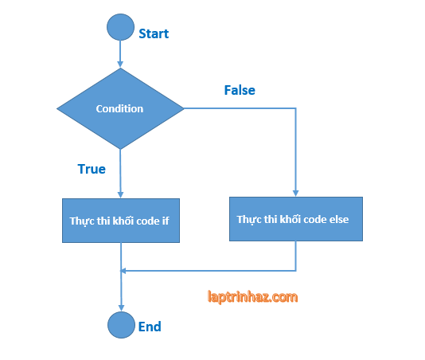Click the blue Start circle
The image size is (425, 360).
[120, 26]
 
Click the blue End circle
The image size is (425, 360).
[120, 325]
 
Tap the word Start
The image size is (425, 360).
[154, 33]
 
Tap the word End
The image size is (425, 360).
[150, 327]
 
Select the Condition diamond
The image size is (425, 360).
[120, 108]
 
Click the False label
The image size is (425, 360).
[240, 90]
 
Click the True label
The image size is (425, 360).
[92, 169]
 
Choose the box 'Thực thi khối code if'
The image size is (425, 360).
[120, 220]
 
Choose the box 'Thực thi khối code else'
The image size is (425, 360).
[296, 219]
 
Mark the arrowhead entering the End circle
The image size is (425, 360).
[120, 307]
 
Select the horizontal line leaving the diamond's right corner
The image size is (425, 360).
[239, 108]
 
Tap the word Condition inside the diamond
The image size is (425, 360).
[119, 108]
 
